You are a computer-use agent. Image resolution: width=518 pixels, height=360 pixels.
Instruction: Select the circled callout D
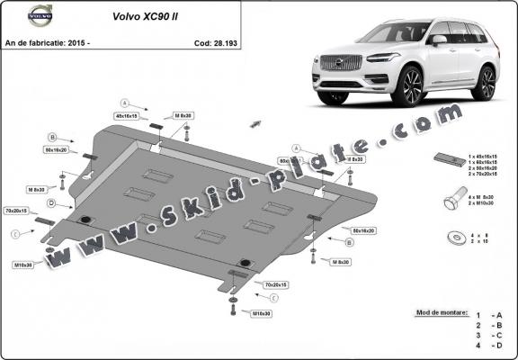[x=52, y=203]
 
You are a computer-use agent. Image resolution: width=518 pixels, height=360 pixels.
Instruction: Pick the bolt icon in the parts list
[x=449, y=202]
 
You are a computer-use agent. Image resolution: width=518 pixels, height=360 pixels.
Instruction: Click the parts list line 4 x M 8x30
[x=484, y=197]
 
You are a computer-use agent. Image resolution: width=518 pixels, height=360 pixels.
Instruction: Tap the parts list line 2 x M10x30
[x=484, y=205]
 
